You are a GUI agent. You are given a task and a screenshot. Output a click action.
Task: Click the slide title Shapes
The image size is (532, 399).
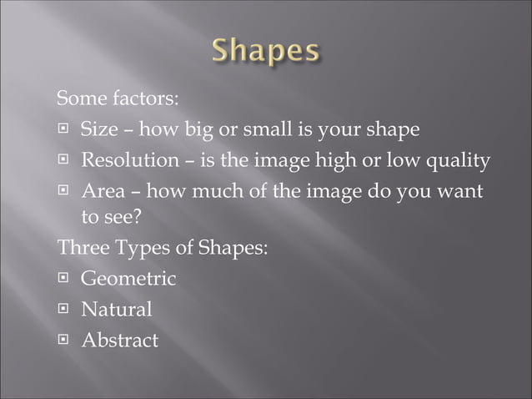(266, 52)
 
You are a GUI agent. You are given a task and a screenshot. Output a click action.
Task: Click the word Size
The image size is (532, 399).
(99, 129)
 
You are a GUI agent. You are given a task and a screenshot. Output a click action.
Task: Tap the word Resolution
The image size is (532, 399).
(130, 159)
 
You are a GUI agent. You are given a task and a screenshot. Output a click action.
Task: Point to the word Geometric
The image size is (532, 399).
(128, 279)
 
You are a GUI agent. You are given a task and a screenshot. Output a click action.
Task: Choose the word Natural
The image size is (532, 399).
(116, 310)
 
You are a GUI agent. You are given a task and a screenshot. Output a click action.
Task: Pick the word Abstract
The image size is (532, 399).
(119, 340)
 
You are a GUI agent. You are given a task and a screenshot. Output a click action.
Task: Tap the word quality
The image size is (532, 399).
(457, 160)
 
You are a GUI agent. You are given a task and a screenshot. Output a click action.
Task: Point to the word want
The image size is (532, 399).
(461, 191)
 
